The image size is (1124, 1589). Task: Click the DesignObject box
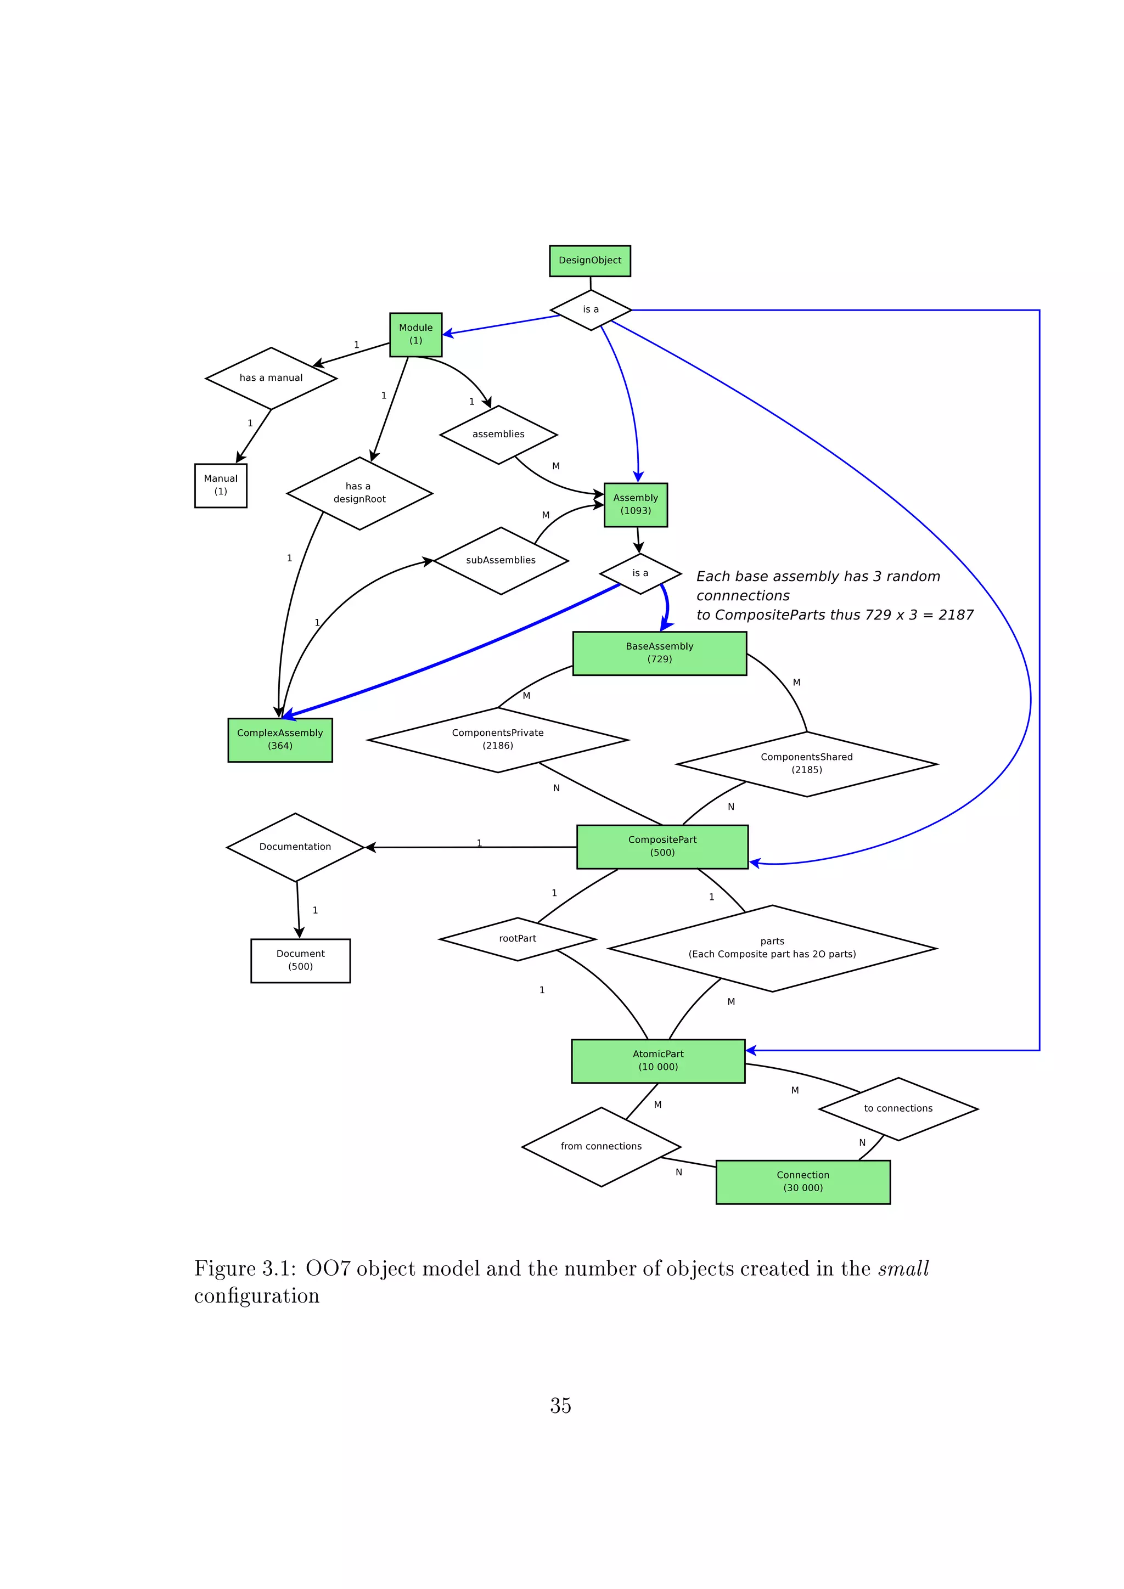pos(589,261)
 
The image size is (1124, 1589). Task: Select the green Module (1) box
pos(415,334)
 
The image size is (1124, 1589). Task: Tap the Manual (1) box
pos(221,485)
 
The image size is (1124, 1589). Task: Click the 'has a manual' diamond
pos(271,378)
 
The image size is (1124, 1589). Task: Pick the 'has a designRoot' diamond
pos(359,493)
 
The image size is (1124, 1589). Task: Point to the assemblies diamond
pos(498,435)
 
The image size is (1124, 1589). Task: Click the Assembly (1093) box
pos(636,505)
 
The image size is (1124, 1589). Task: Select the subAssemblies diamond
pos(501,561)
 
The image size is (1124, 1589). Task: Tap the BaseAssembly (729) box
pos(660,652)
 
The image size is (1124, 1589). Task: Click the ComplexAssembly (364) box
pos(279,740)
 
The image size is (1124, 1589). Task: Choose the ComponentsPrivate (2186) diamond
pos(498,740)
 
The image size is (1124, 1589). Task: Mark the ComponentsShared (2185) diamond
pos(806,764)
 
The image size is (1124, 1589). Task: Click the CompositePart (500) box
pos(662,847)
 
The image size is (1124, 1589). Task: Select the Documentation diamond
pos(295,847)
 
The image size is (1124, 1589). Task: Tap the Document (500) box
pos(300,961)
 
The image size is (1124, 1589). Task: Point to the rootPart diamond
pos(518,939)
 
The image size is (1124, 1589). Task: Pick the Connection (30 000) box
pos(803,1182)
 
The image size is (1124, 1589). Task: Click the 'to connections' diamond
pos(898,1109)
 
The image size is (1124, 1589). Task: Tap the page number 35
pos(560,1406)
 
